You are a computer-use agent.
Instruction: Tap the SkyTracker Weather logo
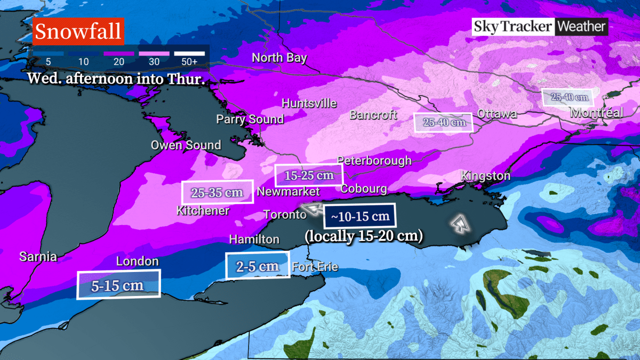539,27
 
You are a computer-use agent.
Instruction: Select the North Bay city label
279,58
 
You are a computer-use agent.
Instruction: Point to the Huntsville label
309,103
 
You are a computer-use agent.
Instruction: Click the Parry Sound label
250,119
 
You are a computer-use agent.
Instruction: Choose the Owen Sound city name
186,145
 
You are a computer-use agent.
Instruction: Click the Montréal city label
596,113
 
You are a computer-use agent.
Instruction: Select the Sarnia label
38,257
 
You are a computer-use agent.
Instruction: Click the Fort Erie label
315,267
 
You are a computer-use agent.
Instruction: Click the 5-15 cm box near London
118,285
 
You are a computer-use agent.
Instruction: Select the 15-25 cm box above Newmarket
308,175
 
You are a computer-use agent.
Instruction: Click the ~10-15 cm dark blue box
360,217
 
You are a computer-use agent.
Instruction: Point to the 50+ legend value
189,61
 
